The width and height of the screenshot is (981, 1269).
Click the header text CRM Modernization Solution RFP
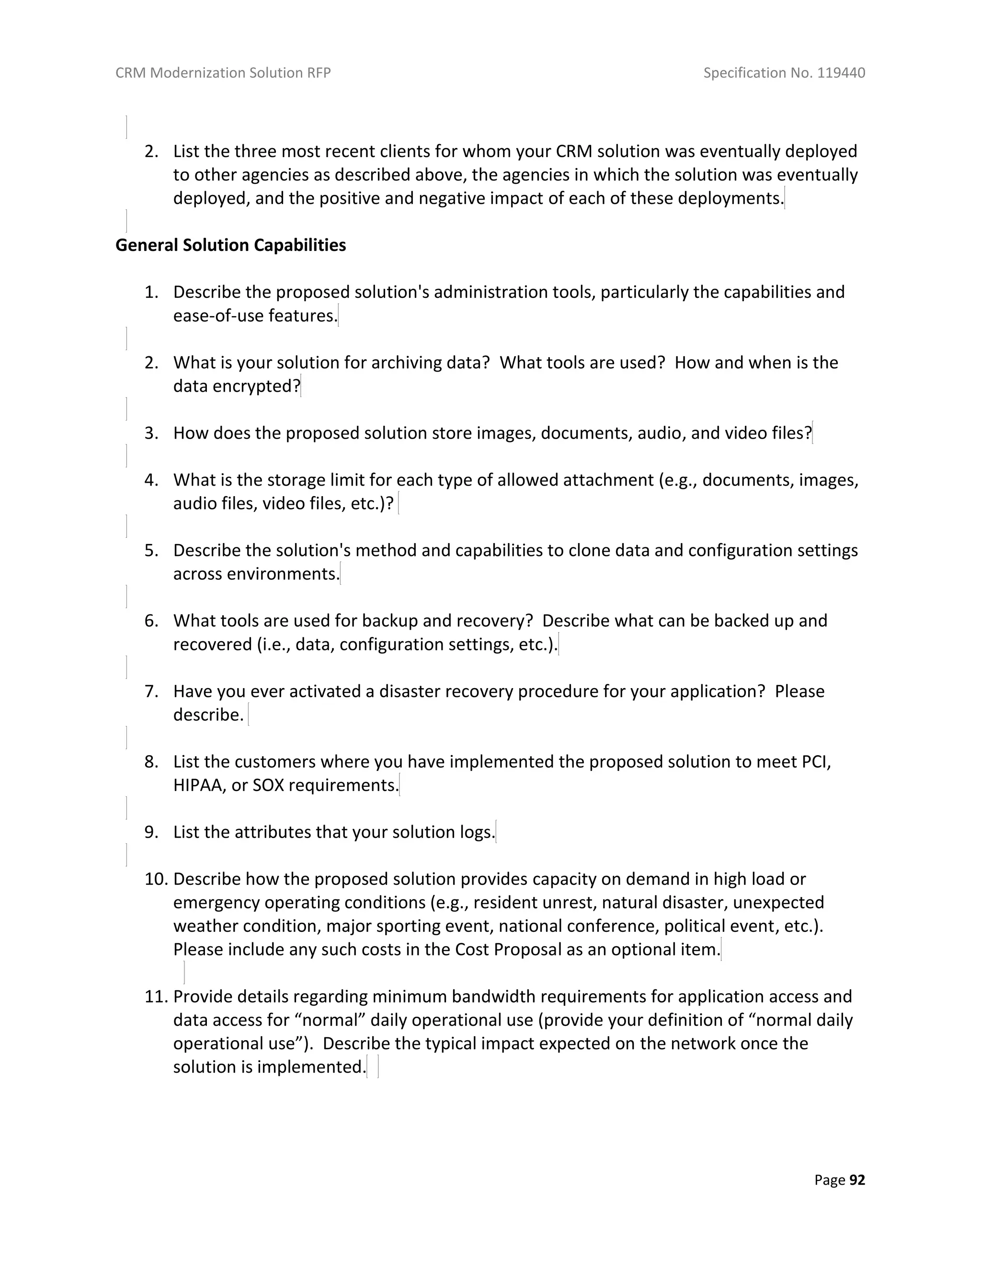click(223, 73)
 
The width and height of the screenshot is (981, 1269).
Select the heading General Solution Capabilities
click(231, 245)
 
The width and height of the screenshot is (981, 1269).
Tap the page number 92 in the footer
click(857, 1180)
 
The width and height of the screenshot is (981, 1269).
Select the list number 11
click(156, 997)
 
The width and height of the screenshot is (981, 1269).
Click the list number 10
click(156, 879)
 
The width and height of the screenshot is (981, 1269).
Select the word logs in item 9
click(477, 832)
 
